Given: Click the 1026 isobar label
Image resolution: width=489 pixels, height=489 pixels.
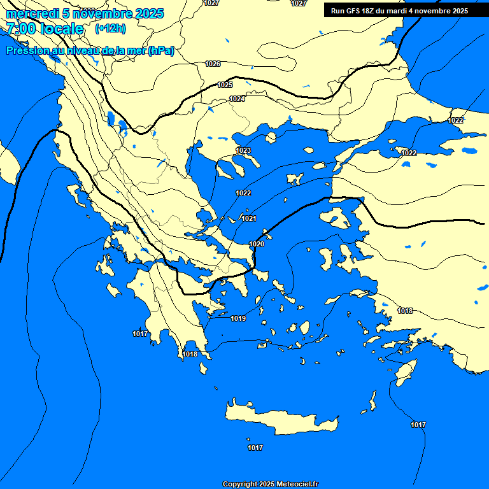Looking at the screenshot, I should click(x=213, y=64).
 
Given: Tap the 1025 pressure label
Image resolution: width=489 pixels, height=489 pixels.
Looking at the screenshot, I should click(x=225, y=85).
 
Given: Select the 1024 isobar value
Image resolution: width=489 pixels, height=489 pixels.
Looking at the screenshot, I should click(x=237, y=99).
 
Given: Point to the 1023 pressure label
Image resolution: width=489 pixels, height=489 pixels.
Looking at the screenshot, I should click(x=243, y=151).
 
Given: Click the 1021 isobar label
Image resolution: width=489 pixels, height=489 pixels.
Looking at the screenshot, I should click(x=249, y=218).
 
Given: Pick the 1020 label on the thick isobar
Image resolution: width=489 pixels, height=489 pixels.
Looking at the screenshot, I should click(x=257, y=244).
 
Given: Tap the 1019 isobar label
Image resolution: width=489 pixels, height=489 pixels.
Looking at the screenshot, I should click(x=238, y=318).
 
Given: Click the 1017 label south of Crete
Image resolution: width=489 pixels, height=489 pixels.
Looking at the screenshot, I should click(x=255, y=448).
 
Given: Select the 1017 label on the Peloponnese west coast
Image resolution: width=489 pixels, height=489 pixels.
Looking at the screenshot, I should click(x=140, y=334).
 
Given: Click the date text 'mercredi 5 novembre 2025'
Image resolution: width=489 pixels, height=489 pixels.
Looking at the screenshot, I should click(x=85, y=13).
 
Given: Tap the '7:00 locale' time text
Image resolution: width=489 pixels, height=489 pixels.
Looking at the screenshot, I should click(x=45, y=29).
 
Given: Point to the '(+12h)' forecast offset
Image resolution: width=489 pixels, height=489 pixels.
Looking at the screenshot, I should click(x=110, y=29).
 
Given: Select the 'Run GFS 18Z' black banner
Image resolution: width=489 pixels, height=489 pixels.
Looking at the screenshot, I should click(x=399, y=11).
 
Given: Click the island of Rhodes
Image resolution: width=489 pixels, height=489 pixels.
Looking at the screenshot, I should click(x=405, y=372).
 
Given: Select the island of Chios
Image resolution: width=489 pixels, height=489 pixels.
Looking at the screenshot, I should click(x=327, y=257).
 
